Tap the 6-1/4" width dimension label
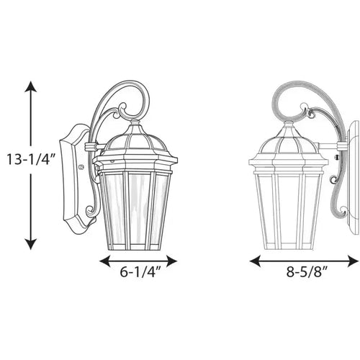point(140,272)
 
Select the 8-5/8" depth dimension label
point(307,272)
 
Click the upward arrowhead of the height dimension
point(31,86)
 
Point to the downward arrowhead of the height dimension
point(31,244)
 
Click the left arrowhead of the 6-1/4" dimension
point(104,261)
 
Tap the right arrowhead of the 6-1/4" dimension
point(172,261)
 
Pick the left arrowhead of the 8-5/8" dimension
point(255,261)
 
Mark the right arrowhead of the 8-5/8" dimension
point(354,261)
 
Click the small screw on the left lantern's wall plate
point(81,166)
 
